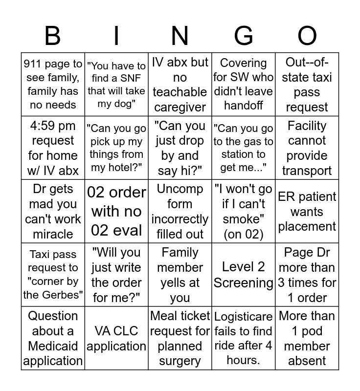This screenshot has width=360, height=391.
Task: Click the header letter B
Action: click(x=53, y=36)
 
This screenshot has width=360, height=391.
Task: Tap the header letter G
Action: click(x=243, y=36)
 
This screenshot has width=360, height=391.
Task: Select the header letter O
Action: click(x=307, y=36)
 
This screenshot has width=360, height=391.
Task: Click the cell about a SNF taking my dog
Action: click(x=116, y=85)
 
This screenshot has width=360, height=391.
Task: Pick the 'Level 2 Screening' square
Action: click(x=243, y=275)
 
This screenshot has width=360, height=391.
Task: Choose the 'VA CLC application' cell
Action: click(x=116, y=338)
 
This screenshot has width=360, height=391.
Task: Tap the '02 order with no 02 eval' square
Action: click(x=116, y=211)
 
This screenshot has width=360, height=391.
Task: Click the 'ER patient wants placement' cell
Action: click(x=307, y=211)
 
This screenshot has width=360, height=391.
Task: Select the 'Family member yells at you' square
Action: click(x=180, y=275)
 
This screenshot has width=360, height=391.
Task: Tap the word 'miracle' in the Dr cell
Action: click(x=53, y=234)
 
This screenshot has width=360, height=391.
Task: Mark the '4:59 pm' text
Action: click(x=53, y=126)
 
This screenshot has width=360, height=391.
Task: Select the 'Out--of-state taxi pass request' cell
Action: click(x=307, y=85)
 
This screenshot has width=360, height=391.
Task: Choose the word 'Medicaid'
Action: click(x=53, y=346)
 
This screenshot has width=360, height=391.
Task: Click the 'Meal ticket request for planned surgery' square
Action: click(x=180, y=338)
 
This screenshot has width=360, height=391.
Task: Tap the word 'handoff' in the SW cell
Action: click(x=243, y=105)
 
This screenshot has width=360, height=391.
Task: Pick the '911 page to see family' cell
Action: click(x=53, y=85)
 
